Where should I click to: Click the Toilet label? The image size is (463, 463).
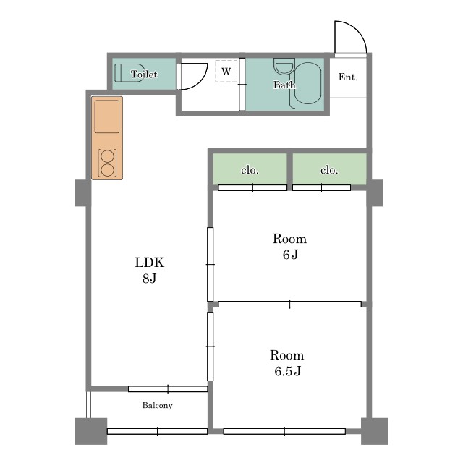pos(144,74)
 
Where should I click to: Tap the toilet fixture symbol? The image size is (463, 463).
pos(129,72)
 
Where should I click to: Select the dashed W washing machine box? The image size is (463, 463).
pos(226,71)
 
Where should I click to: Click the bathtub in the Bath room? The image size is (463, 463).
pos(308,83)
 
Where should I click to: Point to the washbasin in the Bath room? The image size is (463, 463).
pos(284,66)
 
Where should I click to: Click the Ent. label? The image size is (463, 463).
pos(348,77)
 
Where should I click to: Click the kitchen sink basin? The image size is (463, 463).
pos(107,116)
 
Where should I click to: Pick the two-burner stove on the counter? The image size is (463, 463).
pos(107,163)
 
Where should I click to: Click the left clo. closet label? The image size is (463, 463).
pos(250,170)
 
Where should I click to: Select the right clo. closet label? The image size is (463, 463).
pos(329,170)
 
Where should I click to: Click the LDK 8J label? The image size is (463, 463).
pos(150,270)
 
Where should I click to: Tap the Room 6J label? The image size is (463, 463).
pos(289,246)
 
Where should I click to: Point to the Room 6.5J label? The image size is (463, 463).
pos(287,363)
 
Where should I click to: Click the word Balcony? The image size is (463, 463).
pos(158,405)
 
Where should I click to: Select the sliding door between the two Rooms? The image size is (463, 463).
pos(289,304)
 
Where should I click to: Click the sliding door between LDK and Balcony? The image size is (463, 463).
pos(168,389)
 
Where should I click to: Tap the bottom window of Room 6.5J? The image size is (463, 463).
pos(284,431)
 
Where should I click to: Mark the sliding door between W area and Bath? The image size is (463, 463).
pos(242,85)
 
